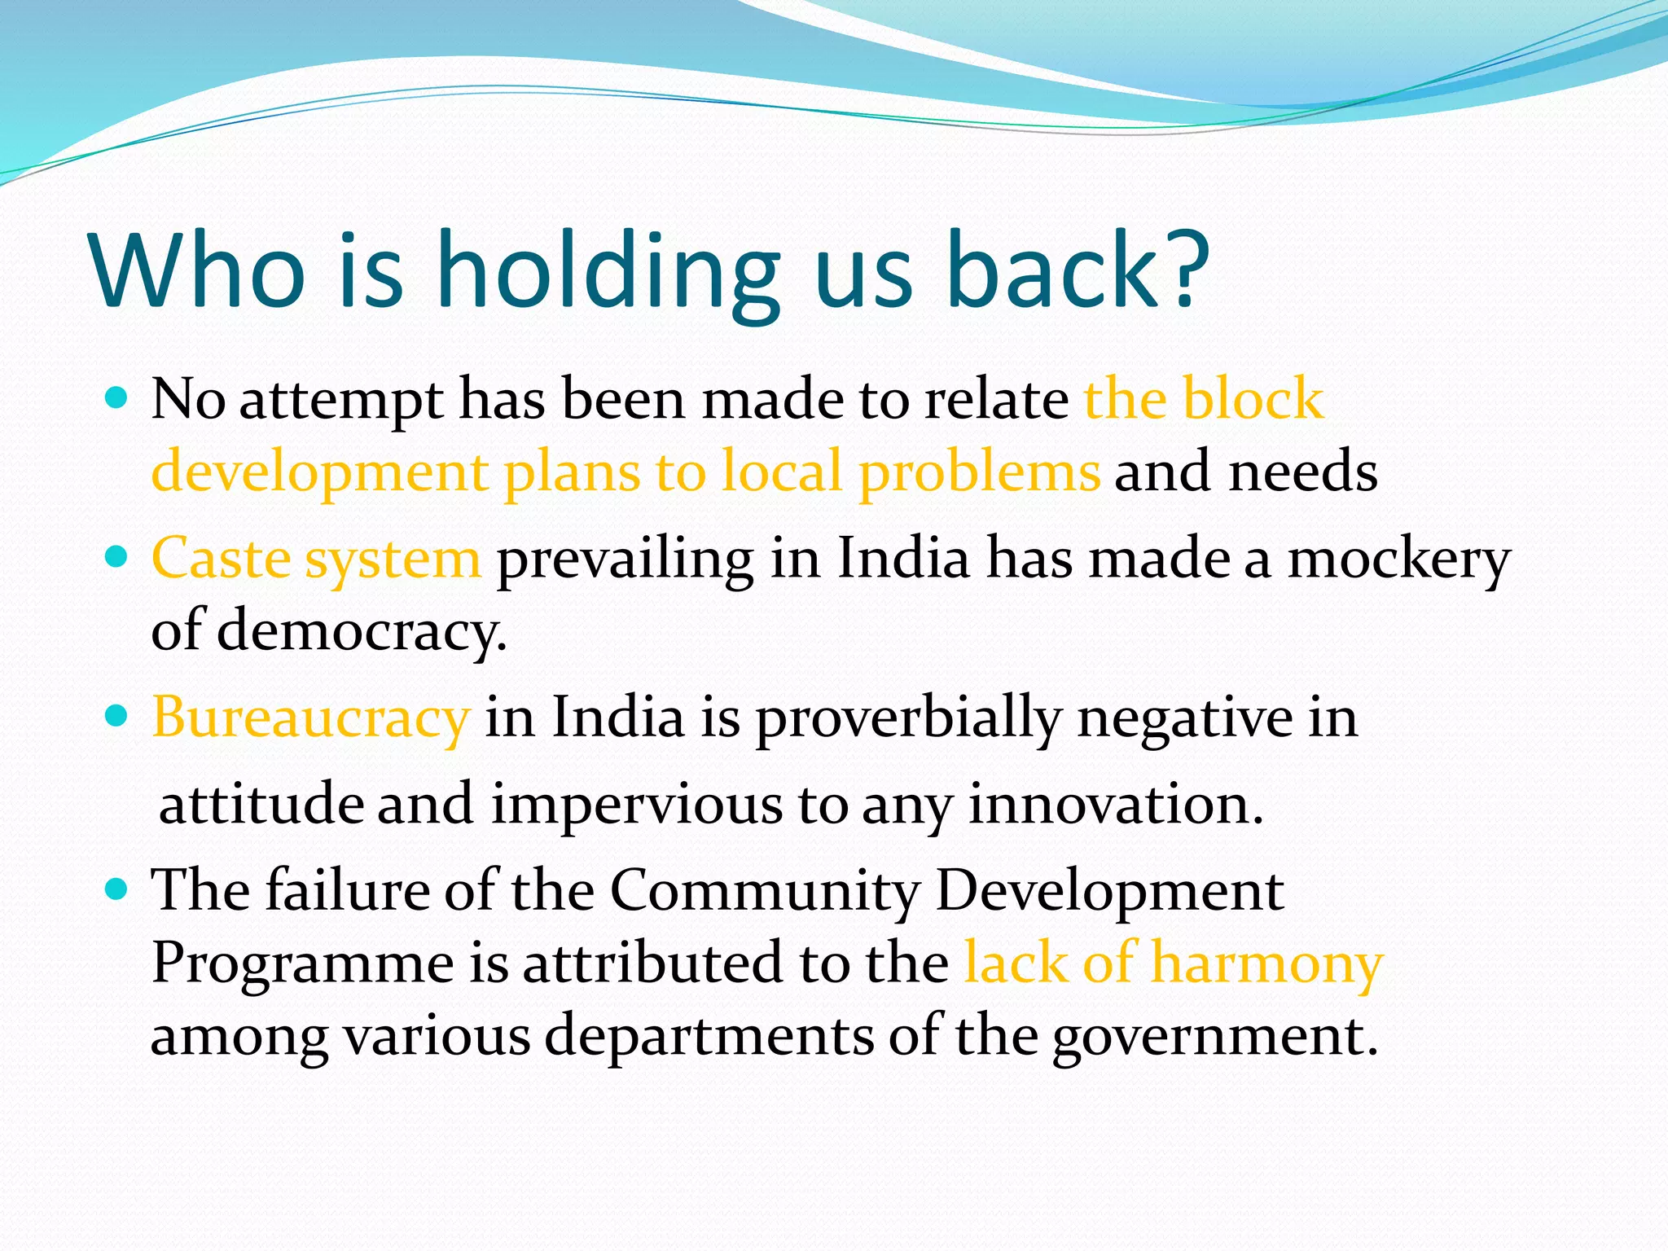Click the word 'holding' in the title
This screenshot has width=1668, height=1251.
607,271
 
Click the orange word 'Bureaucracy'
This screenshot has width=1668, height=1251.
310,719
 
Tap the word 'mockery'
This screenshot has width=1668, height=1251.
1398,560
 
